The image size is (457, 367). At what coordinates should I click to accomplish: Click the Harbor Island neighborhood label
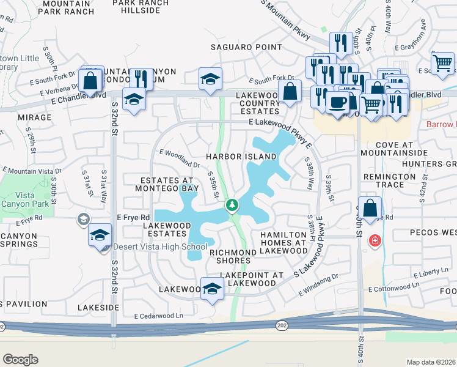click(x=241, y=157)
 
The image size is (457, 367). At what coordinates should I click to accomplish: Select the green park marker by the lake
click(x=232, y=205)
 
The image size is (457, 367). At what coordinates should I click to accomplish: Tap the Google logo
click(x=20, y=360)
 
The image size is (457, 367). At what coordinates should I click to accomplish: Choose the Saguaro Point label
click(x=246, y=47)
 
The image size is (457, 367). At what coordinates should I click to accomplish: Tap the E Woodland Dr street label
click(x=180, y=158)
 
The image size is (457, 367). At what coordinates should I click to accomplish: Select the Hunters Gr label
click(x=434, y=164)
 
